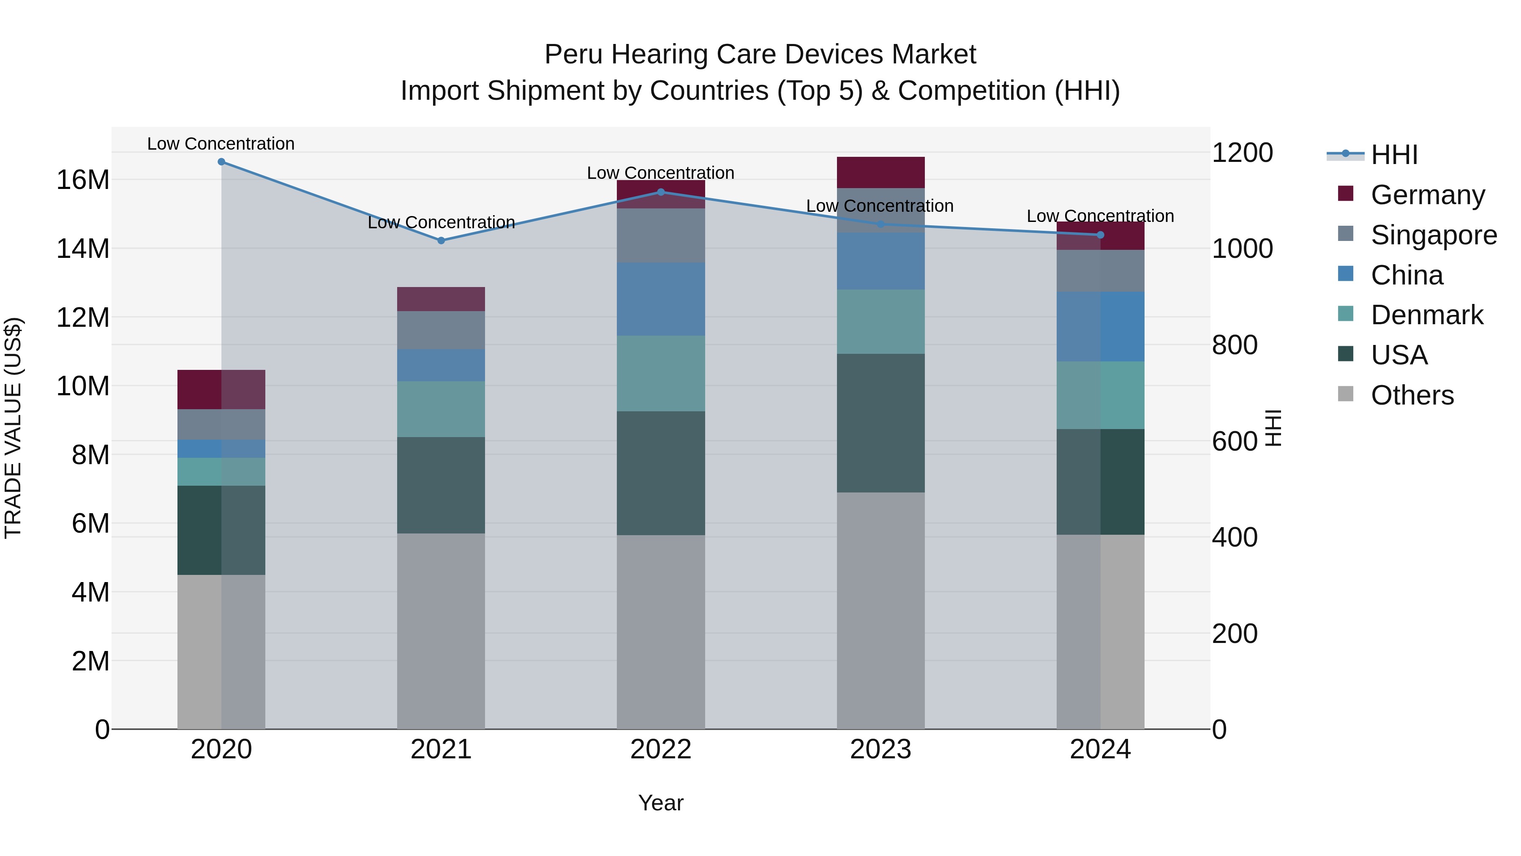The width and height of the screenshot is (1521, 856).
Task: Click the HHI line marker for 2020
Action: coord(221,161)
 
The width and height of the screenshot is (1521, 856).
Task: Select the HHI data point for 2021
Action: coord(441,241)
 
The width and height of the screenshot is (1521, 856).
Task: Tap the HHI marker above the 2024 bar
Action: coord(1101,235)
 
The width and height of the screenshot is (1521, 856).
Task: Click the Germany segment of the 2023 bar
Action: coord(880,172)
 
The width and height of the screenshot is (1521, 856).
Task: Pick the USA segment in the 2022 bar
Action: coord(661,473)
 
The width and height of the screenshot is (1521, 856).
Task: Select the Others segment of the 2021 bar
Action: coord(441,631)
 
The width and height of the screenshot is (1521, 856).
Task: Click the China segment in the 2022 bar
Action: coord(661,299)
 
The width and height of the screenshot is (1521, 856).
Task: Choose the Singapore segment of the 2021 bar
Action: coord(441,330)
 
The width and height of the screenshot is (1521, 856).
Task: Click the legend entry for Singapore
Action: coord(1433,235)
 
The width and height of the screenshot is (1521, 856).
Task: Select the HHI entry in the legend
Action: coord(1393,155)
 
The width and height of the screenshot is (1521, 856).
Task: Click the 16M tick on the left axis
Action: coord(83,180)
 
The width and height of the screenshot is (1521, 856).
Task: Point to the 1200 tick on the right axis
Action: coord(1242,153)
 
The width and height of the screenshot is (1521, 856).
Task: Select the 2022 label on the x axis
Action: coord(661,749)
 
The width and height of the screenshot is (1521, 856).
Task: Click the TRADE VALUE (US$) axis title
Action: coord(13,428)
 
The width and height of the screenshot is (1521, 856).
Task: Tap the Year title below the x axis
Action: coord(661,803)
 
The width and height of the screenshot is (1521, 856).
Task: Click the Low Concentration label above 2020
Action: coord(221,144)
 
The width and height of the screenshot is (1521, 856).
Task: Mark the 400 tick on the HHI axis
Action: coord(1235,538)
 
